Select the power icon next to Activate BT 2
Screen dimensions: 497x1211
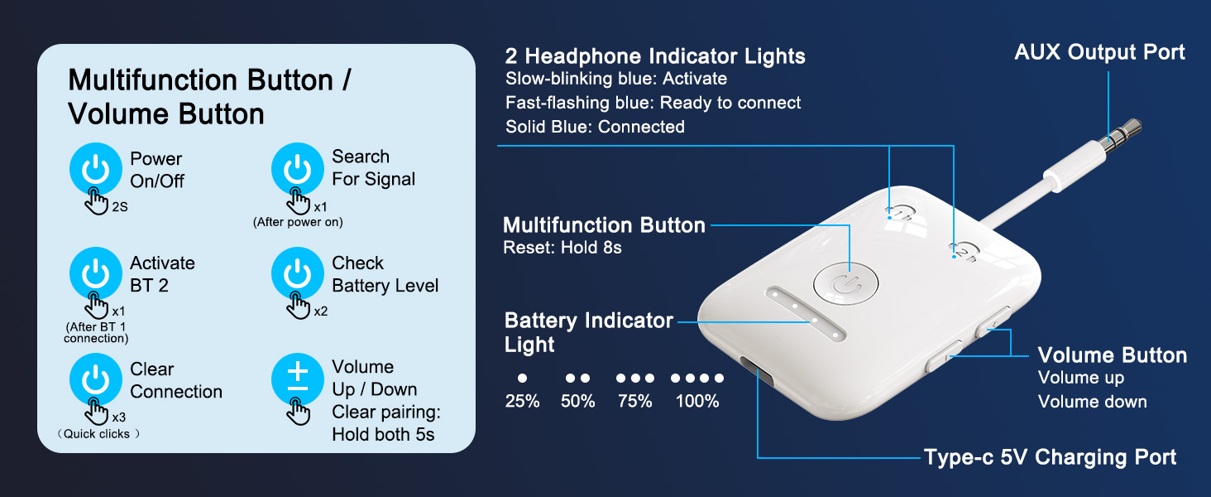click(96, 273)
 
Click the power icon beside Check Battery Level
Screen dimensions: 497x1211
click(298, 273)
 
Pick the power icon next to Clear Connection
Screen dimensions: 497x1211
click(96, 379)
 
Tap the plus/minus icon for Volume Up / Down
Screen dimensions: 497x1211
click(298, 379)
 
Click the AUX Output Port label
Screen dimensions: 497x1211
click(1099, 52)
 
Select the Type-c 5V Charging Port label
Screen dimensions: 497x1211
click(1050, 457)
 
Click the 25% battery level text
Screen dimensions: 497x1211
click(522, 402)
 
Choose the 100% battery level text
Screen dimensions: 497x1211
click(696, 402)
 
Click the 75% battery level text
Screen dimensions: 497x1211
click(634, 402)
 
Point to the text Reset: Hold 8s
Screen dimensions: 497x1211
click(562, 248)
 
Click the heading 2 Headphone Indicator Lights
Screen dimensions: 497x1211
click(655, 56)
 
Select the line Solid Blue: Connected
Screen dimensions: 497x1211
click(595, 127)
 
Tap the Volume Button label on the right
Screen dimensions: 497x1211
click(1112, 355)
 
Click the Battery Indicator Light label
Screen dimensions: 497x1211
click(588, 332)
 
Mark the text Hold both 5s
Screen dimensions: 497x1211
click(383, 434)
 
